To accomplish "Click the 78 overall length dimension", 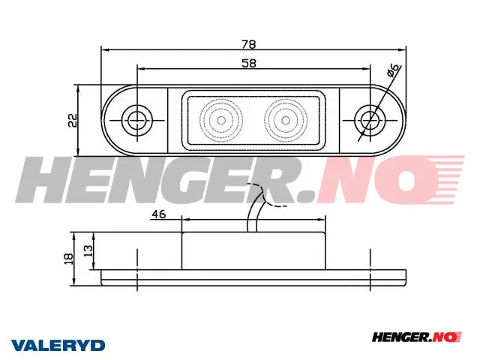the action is pyautogui.click(x=249, y=45).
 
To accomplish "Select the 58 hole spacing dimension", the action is pyautogui.click(x=249, y=63).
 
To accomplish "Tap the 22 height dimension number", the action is pyautogui.click(x=73, y=120).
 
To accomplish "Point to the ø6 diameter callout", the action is pyautogui.click(x=394, y=70).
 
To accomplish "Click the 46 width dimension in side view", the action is pyautogui.click(x=159, y=214).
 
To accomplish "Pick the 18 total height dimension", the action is pyautogui.click(x=69, y=259).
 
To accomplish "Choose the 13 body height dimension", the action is pyautogui.click(x=88, y=251).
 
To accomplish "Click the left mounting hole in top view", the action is pyautogui.click(x=136, y=120).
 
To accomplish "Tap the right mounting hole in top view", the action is pyautogui.click(x=370, y=120).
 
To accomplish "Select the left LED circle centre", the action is pyautogui.click(x=221, y=120).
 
